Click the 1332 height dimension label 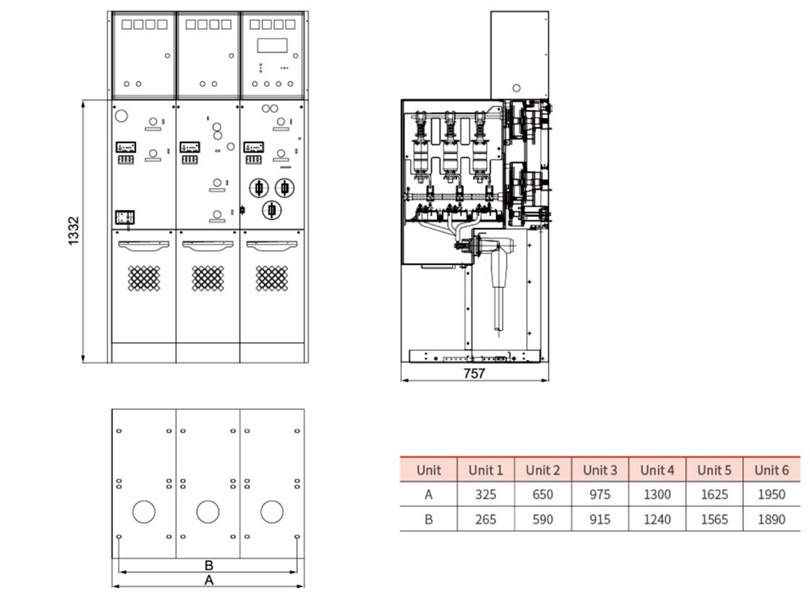(74, 231)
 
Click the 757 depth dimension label (474, 373)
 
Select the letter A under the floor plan (209, 580)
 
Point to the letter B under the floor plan (209, 565)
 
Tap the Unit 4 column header (657, 470)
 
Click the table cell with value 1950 (772, 495)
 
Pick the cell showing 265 (485, 520)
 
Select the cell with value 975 (600, 495)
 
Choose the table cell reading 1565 (714, 520)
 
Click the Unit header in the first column (428, 470)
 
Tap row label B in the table (428, 520)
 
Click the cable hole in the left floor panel (144, 512)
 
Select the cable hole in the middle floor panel (208, 512)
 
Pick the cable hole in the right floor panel (272, 512)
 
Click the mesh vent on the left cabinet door (144, 278)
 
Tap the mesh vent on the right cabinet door (272, 278)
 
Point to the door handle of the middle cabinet (208, 245)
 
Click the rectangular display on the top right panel (272, 46)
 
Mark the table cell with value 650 (542, 495)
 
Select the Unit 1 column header (485, 470)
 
